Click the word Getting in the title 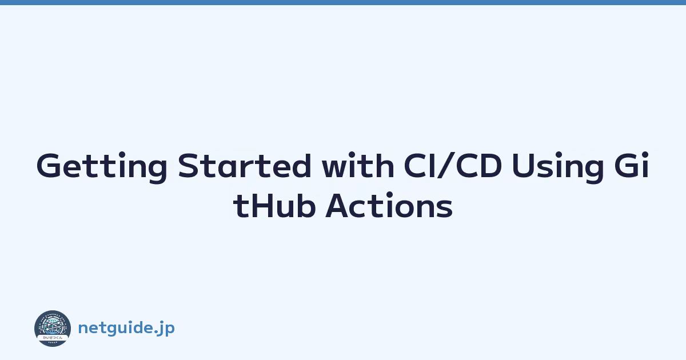tap(102, 167)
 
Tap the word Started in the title tap(245, 165)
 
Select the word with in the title tap(358, 165)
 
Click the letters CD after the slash tap(479, 165)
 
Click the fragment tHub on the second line tap(274, 205)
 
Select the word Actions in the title tap(389, 205)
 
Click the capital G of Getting tap(50, 165)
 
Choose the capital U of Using tap(524, 165)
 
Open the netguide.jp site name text tap(126, 329)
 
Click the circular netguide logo tap(53, 329)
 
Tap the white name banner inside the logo tap(53, 337)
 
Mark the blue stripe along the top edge tap(343, 2)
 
